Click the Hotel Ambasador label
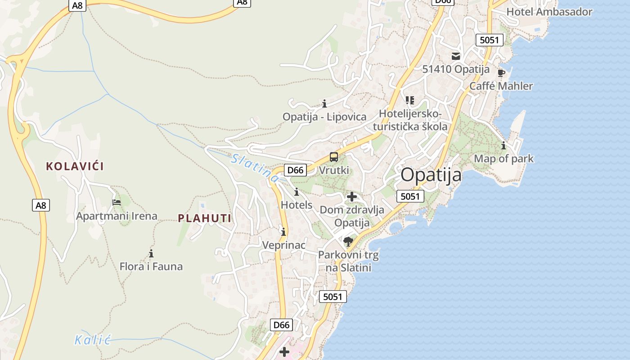pos(549,12)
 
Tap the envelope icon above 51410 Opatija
pos(456,56)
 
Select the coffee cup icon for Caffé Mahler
pos(501,73)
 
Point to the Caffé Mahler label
pos(501,86)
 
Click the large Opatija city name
pos(431,175)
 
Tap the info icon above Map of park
pos(504,146)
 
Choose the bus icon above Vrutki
pos(334,157)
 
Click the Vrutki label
pos(334,171)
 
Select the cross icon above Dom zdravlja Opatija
pos(352,197)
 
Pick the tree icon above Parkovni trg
pos(348,242)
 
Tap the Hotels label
pos(296,205)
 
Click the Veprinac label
pos(284,245)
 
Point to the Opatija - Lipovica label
pos(324,117)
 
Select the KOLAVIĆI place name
pos(75,166)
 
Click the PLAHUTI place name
pos(205,219)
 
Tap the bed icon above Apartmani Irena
pos(117,202)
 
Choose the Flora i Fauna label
pos(151,266)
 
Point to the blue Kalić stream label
pos(93,340)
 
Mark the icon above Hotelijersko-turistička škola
pos(409,100)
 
